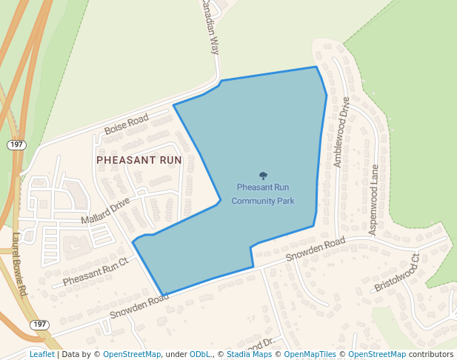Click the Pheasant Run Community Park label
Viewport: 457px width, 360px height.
pyautogui.click(x=263, y=194)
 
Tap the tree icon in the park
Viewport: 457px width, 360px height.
pyautogui.click(x=263, y=176)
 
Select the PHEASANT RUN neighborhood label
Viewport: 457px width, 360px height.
pyautogui.click(x=139, y=159)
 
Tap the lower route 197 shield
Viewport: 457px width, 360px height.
pyautogui.click(x=39, y=324)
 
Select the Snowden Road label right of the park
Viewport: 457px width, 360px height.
pyautogui.click(x=316, y=251)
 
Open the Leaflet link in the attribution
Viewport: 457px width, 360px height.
pyautogui.click(x=41, y=354)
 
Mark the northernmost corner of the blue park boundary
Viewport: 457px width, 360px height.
pyautogui.click(x=316, y=67)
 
